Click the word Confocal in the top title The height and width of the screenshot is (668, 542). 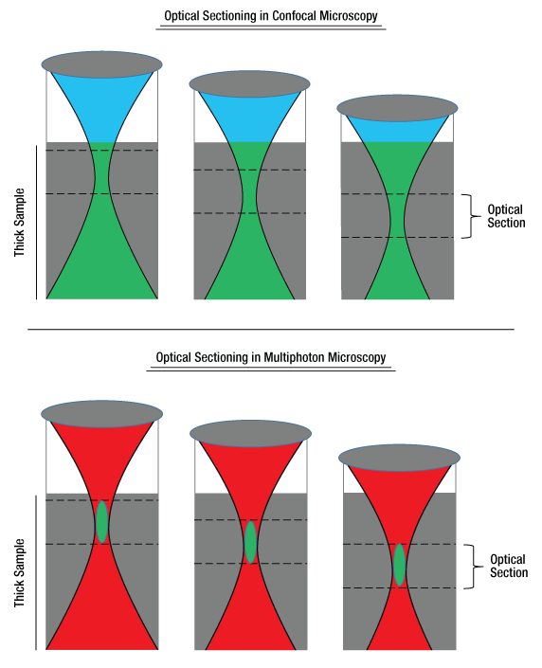[295, 16]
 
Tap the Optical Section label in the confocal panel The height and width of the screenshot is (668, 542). [506, 216]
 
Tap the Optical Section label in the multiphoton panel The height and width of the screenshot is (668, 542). [509, 566]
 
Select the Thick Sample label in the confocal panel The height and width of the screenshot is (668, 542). [20, 223]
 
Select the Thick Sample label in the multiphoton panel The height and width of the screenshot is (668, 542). [20, 573]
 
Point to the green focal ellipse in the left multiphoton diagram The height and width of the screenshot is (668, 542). [101, 522]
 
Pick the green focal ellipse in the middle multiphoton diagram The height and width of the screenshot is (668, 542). [250, 542]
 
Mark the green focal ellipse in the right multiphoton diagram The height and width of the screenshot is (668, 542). [399, 565]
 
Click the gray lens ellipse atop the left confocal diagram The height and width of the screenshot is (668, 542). [101, 64]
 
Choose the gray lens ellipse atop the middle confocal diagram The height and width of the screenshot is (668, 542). [250, 84]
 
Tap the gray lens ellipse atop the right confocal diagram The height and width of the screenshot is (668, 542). [398, 108]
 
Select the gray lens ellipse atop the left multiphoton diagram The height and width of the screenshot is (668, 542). [101, 414]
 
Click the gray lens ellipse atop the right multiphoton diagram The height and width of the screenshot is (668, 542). [399, 458]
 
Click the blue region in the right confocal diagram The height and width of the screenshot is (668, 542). [398, 130]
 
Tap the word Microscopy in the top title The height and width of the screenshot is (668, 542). [349, 16]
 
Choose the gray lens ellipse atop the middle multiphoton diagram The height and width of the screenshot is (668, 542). [250, 434]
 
